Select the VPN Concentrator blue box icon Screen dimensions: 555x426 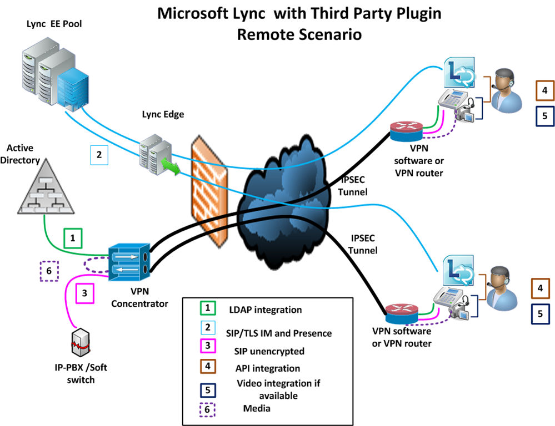[129, 262]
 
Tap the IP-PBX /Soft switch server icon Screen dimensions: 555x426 [81, 342]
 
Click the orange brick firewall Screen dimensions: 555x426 [209, 191]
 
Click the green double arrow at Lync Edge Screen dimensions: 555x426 [171, 166]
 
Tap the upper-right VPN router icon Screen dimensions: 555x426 [406, 131]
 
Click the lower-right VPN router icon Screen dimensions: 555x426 [401, 313]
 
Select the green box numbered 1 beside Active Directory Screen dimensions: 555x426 [73, 238]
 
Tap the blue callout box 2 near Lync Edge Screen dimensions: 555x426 [99, 155]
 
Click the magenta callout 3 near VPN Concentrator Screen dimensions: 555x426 [84, 293]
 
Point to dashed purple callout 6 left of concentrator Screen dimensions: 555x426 [49, 271]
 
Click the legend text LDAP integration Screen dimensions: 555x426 [266, 310]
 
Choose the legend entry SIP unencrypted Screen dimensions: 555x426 [269, 351]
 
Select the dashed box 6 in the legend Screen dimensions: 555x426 [207, 410]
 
